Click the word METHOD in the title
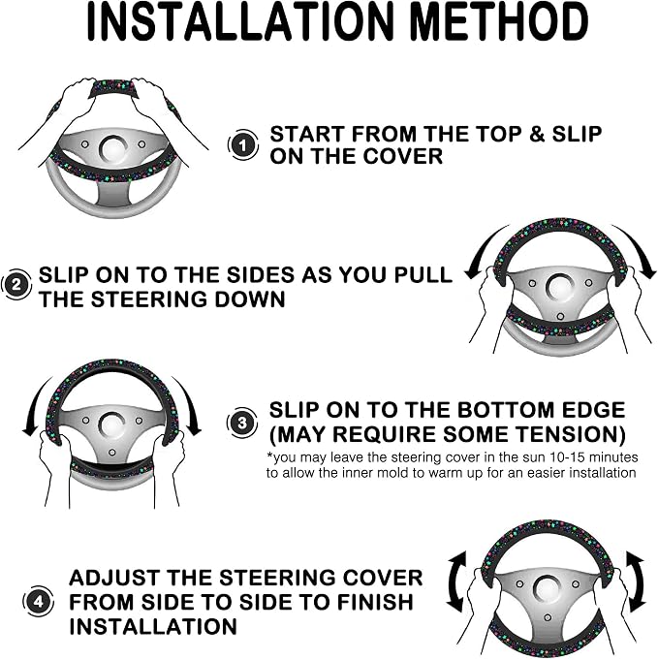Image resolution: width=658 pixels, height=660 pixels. pos(498,22)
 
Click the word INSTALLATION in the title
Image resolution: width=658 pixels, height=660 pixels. pos(239,22)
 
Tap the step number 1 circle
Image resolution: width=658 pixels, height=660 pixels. pos(243,144)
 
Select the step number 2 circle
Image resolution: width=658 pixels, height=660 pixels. pos(16,285)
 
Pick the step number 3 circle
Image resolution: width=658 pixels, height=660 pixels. pos(242,423)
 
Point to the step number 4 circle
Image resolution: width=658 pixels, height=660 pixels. pos(39,601)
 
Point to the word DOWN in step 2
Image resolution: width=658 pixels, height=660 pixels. pos(249,299)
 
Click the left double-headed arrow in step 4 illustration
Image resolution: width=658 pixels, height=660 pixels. pos(455,581)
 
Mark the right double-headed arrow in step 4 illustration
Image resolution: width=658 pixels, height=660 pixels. pos(636,581)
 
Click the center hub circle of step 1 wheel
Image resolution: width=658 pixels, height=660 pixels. pos(113,148)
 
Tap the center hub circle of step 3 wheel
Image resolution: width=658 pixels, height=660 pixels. pos(112,425)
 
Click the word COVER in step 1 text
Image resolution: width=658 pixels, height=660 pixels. pos(403,156)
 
